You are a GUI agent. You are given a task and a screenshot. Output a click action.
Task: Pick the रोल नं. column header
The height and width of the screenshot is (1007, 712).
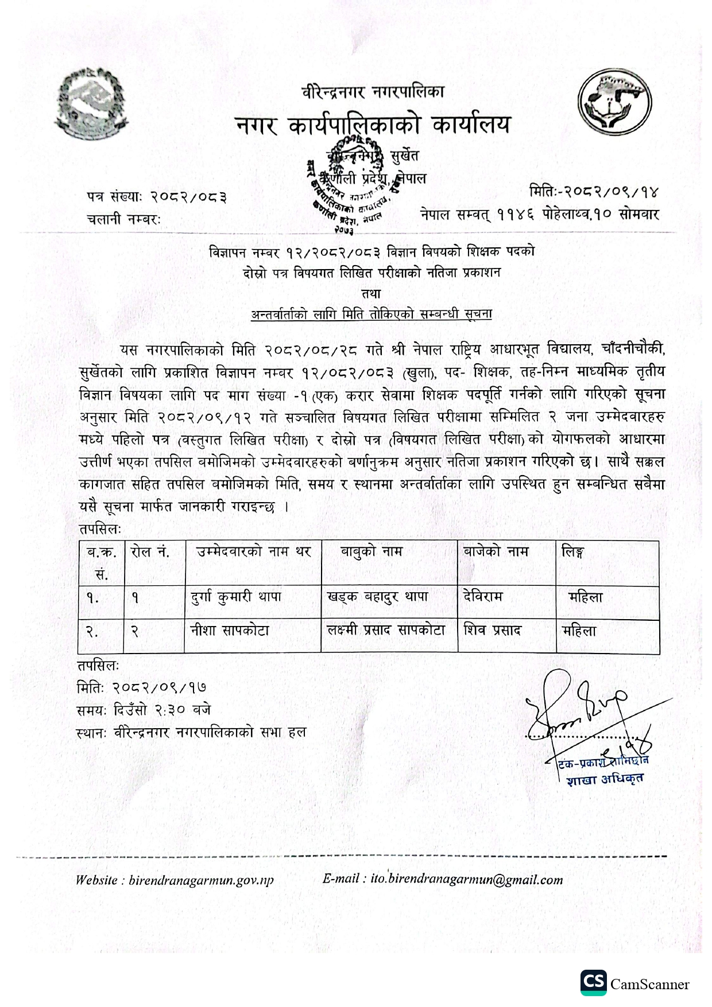(x=150, y=552)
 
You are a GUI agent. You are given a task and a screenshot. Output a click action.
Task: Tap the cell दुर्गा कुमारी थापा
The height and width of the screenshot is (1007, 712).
(x=236, y=597)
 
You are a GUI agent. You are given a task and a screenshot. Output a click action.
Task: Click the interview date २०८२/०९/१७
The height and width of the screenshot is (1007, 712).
(x=160, y=687)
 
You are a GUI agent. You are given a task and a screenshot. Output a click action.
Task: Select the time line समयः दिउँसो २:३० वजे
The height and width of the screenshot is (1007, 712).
(x=144, y=710)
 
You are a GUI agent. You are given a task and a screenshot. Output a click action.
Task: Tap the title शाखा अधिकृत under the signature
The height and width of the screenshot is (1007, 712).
(x=604, y=779)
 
